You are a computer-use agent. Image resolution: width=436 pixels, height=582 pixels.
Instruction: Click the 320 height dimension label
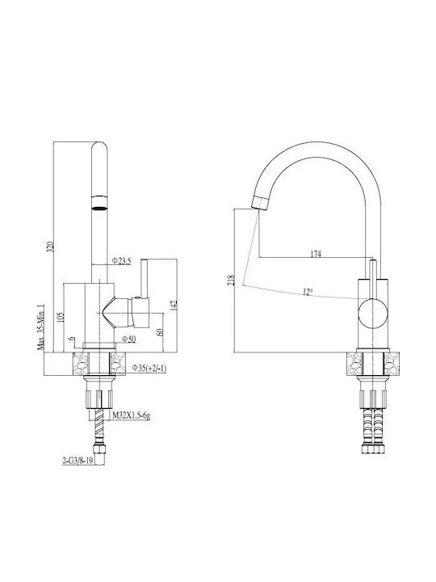pos(52,247)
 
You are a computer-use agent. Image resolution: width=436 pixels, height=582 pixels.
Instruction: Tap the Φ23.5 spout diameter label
pos(122,261)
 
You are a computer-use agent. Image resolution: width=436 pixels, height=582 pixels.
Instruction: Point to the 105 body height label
pos(61,317)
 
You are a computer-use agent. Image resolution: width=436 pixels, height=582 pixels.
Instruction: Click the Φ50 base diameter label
pos(129,339)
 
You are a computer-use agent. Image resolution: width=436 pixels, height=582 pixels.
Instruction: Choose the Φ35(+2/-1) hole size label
pos(149,369)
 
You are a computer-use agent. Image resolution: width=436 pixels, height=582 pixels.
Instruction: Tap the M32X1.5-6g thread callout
pos(132,415)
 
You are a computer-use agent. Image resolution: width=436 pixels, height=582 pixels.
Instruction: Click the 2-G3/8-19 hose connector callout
pos(78,461)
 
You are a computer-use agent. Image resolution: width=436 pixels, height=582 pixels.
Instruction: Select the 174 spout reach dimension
pos(316,254)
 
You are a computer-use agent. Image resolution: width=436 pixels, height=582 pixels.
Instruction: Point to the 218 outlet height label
pos(232,280)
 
